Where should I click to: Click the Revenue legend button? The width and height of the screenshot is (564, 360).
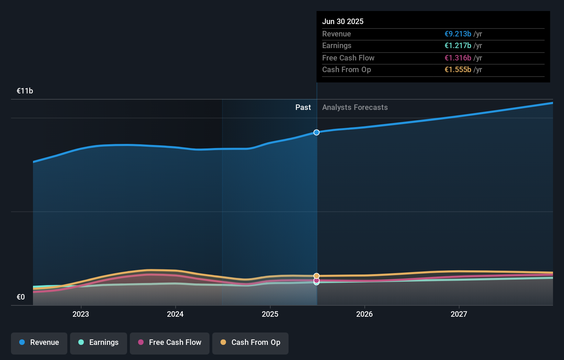pyautogui.click(x=39, y=343)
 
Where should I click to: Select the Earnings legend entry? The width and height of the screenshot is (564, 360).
pyautogui.click(x=99, y=343)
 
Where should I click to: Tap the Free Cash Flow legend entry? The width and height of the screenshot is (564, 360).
pyautogui.click(x=170, y=343)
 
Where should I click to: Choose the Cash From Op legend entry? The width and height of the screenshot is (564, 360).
pyautogui.click(x=250, y=343)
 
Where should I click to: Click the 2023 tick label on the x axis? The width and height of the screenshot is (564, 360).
pyautogui.click(x=81, y=314)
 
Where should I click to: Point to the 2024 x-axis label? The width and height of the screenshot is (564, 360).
pyautogui.click(x=175, y=314)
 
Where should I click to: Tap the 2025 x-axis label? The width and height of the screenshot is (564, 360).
pyautogui.click(x=270, y=314)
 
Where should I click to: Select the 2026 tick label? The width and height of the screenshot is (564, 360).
pyautogui.click(x=364, y=314)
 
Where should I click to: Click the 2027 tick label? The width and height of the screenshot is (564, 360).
pyautogui.click(x=459, y=314)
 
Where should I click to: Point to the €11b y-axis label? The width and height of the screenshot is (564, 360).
pyautogui.click(x=25, y=91)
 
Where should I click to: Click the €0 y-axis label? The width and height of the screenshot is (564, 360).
pyautogui.click(x=21, y=297)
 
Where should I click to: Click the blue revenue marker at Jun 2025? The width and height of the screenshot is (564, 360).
pyautogui.click(x=316, y=132)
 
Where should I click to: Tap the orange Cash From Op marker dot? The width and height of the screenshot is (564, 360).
pyautogui.click(x=316, y=276)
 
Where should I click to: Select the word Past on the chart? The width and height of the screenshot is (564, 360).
pyautogui.click(x=303, y=108)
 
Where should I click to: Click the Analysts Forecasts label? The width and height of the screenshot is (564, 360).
pyautogui.click(x=355, y=108)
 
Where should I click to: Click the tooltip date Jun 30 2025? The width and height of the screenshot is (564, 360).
pyautogui.click(x=343, y=21)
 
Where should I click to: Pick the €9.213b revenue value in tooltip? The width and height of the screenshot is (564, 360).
pyautogui.click(x=458, y=34)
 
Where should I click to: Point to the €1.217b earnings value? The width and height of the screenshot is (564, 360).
pyautogui.click(x=458, y=46)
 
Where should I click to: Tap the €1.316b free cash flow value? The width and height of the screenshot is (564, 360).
pyautogui.click(x=458, y=58)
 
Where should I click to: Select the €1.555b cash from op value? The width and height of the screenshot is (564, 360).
pyautogui.click(x=458, y=70)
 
